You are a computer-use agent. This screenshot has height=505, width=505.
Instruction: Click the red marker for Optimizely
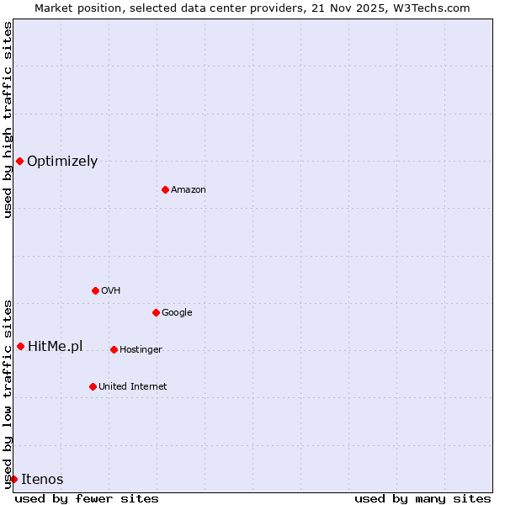point(19,161)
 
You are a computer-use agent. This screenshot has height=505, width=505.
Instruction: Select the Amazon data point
point(165,189)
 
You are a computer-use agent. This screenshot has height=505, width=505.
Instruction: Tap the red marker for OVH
point(95,290)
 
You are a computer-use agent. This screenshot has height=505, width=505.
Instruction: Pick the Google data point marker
point(156,312)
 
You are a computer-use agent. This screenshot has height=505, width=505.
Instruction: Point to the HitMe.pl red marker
point(20,346)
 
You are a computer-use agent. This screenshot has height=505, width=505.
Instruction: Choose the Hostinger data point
point(114,349)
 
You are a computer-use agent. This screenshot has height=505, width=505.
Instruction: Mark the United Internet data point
point(93,386)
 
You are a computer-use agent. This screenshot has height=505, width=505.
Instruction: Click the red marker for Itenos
point(13,479)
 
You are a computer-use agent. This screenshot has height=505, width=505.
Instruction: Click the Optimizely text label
point(62,161)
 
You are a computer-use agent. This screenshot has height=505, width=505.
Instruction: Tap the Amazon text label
point(189,189)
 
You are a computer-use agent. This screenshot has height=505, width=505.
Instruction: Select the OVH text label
point(111,290)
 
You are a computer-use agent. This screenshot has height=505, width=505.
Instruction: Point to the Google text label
point(177,312)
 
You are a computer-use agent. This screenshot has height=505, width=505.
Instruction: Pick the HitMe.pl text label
point(56,346)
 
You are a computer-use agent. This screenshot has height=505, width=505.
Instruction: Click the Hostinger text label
point(141,349)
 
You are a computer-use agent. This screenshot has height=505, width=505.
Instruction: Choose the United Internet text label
point(133,386)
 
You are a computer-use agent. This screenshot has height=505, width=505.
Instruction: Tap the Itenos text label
point(42,479)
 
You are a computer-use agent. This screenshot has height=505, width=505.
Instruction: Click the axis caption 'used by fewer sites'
point(87,498)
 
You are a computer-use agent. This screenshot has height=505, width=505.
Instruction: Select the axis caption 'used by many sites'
point(423,498)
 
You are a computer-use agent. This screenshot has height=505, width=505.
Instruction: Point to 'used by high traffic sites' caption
point(8,120)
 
